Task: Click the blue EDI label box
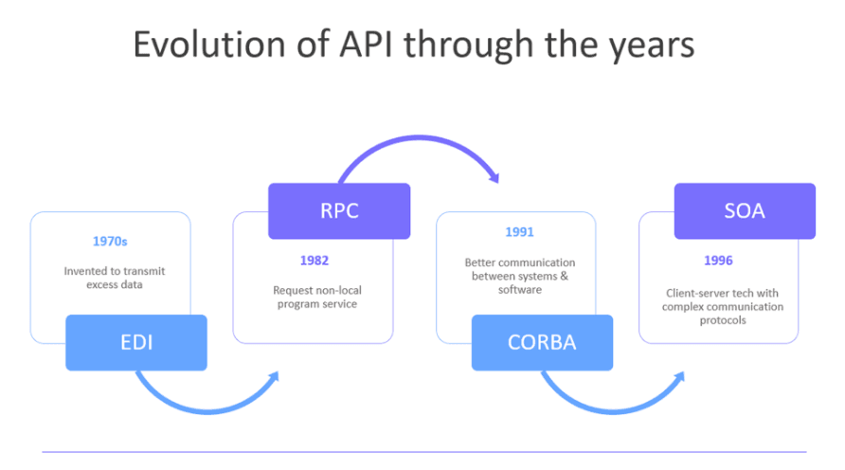click(x=136, y=342)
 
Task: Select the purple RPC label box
click(x=339, y=210)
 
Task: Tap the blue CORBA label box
click(x=542, y=342)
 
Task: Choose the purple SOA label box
click(x=745, y=210)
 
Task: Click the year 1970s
click(x=111, y=241)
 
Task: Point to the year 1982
click(x=315, y=260)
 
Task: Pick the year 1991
click(x=518, y=231)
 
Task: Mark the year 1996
click(x=718, y=260)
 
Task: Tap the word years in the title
click(x=655, y=45)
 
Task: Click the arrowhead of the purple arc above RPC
click(x=493, y=175)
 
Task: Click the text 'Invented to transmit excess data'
click(x=111, y=277)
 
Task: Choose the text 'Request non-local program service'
click(x=315, y=298)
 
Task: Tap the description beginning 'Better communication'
click(x=518, y=276)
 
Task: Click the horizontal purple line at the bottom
click(x=422, y=451)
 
